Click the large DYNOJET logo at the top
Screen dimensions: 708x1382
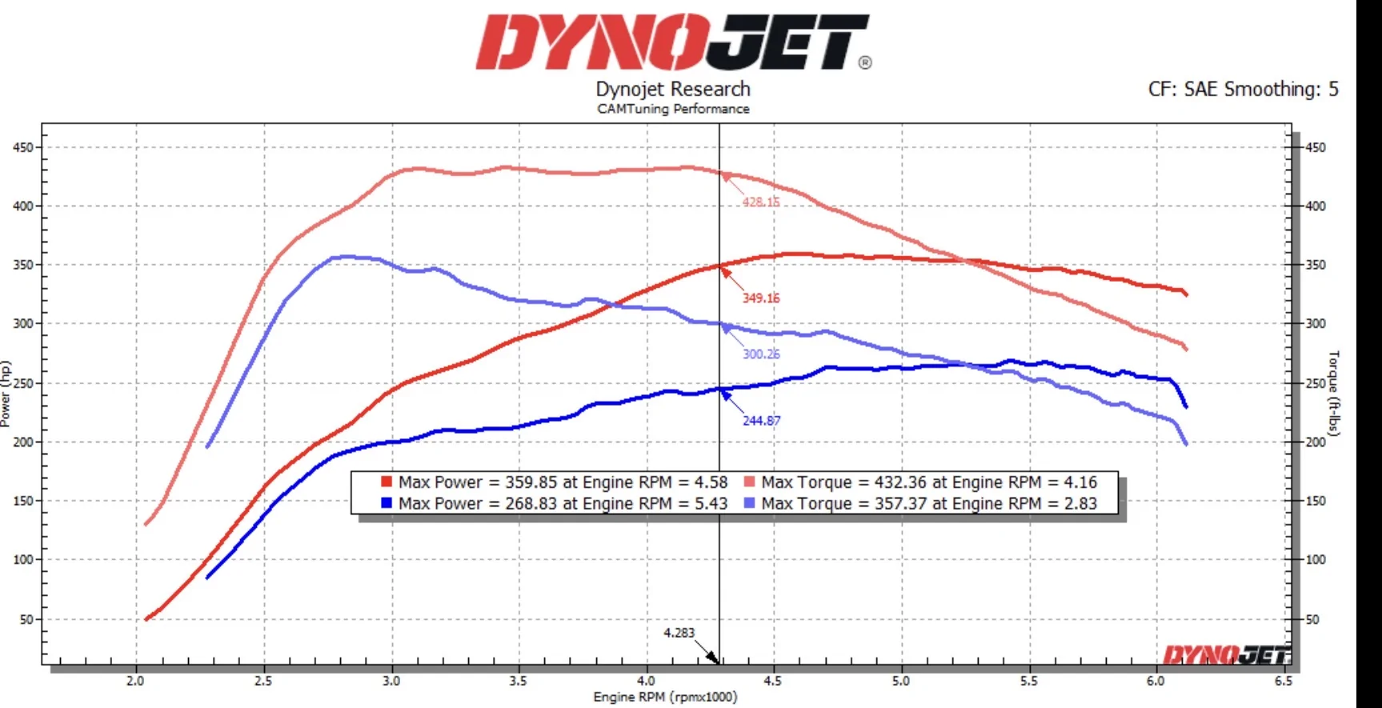click(672, 42)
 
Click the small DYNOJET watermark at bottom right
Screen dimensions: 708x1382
click(1226, 655)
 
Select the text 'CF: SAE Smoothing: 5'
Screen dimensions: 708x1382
click(1243, 89)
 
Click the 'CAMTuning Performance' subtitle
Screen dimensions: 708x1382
click(673, 109)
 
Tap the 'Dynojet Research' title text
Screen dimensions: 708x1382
click(673, 89)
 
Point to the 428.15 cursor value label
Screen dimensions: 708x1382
click(760, 202)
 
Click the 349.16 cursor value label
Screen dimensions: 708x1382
click(760, 298)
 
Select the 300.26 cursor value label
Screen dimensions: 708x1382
click(760, 354)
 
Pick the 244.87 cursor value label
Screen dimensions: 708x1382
click(761, 420)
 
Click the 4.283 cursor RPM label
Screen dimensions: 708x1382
click(679, 633)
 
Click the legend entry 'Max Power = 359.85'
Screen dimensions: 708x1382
click(555, 482)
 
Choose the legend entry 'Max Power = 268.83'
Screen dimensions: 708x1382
click(555, 503)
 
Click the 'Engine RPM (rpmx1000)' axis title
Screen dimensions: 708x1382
click(665, 697)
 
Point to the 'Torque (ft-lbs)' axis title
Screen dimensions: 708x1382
click(1333, 393)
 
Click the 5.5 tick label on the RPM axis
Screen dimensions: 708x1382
click(1028, 681)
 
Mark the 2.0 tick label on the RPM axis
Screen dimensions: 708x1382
click(135, 681)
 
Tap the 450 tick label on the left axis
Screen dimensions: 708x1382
click(22, 147)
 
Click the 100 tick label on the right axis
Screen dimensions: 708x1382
click(1316, 559)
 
